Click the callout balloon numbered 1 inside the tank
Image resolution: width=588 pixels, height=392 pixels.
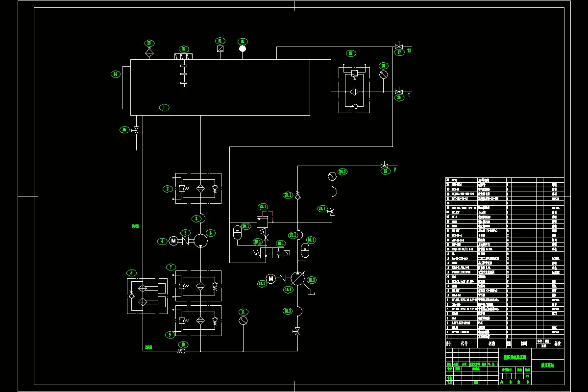point(164,107)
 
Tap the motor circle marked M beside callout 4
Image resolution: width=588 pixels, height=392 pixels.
point(173,241)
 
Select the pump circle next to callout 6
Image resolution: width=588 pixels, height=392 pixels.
point(200,241)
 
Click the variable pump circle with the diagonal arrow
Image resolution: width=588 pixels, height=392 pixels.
point(297,278)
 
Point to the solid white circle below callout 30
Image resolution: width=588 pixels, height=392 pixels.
point(242,49)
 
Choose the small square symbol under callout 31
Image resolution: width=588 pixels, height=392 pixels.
point(220,49)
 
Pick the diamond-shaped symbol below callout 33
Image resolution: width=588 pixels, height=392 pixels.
point(149,51)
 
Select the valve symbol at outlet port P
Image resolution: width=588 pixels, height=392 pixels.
point(385,166)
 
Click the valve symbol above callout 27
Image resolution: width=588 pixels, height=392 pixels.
point(398,47)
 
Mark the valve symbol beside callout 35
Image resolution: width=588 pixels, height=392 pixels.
point(136,130)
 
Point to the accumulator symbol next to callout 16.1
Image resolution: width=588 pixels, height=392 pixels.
point(305,251)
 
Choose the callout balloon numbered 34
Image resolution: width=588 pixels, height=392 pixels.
point(116,74)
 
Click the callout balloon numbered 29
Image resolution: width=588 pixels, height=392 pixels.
point(350,53)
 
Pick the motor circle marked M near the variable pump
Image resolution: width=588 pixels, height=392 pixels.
point(270,278)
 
